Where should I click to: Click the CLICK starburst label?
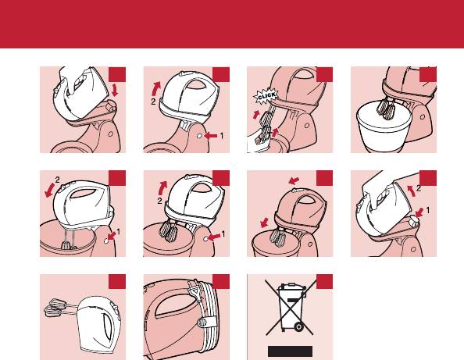[266, 96]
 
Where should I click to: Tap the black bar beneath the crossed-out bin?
[290, 351]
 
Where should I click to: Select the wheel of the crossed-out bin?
[298, 326]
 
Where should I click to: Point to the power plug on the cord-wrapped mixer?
[193, 291]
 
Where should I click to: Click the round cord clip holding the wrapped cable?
[202, 323]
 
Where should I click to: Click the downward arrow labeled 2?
[50, 191]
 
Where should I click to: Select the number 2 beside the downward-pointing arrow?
[57, 180]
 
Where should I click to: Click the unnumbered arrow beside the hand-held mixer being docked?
[115, 90]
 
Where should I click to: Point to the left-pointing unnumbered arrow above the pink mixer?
[294, 180]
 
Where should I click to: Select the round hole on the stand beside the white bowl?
[423, 117]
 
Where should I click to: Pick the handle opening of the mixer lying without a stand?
[106, 325]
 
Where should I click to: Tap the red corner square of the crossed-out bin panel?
[324, 282]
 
